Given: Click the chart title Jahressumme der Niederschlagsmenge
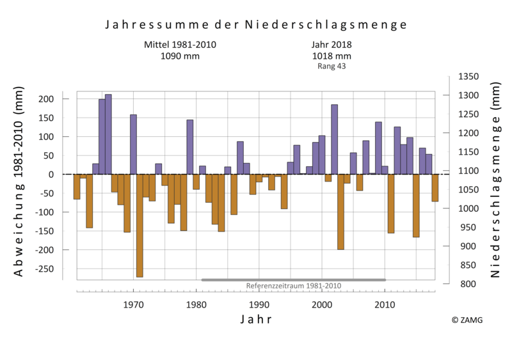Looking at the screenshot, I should [255, 25].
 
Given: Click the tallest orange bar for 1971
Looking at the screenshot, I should [140, 225].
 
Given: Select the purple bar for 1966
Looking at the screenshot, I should [108, 134].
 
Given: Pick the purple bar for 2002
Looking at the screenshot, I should [334, 139].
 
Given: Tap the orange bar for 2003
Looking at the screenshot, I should [340, 212].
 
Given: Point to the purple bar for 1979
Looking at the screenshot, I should [190, 147].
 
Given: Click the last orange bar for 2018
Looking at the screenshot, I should [435, 188].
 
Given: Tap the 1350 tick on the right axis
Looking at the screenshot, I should [468, 77].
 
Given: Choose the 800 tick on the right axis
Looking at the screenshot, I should [465, 284].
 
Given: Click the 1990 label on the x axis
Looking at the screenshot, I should [259, 305].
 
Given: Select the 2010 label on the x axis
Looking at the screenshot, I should [385, 305].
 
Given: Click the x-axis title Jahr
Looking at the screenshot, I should [256, 319].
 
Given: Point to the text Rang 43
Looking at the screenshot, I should [332, 66].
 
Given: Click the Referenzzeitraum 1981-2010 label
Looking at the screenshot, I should [294, 286].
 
